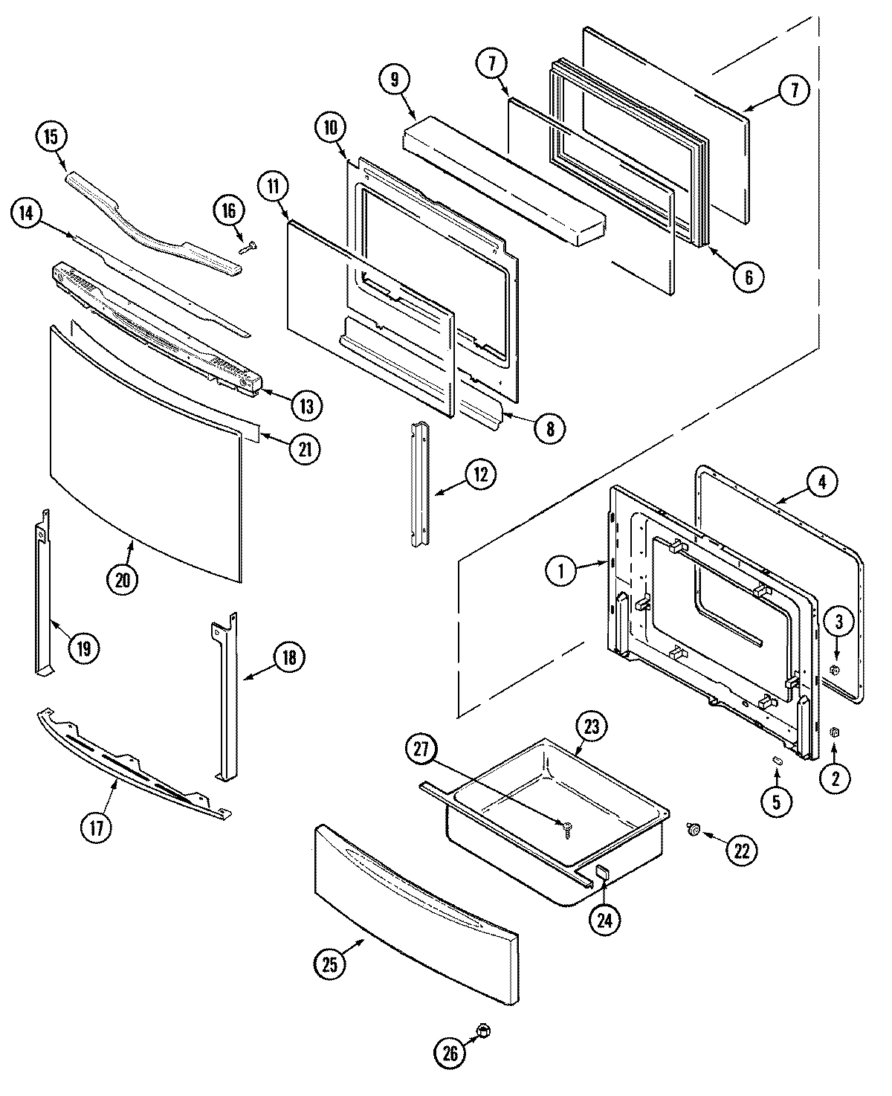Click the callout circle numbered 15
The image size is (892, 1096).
pos(51,138)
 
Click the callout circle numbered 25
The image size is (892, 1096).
pos(330,965)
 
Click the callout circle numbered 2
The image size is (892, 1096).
pos(835,779)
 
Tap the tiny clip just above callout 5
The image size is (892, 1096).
pos(776,759)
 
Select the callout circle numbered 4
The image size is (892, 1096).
pos(821,482)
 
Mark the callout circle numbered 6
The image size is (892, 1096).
pos(748,277)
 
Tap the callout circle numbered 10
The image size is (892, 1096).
pos(330,128)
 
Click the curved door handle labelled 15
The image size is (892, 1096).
pos(156,223)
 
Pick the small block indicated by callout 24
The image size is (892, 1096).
pos(603,872)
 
